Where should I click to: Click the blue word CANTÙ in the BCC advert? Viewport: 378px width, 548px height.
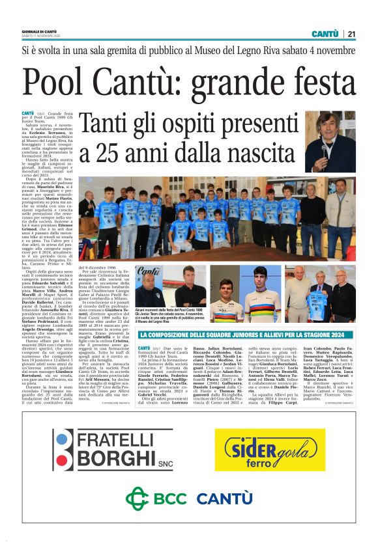point(225,499)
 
